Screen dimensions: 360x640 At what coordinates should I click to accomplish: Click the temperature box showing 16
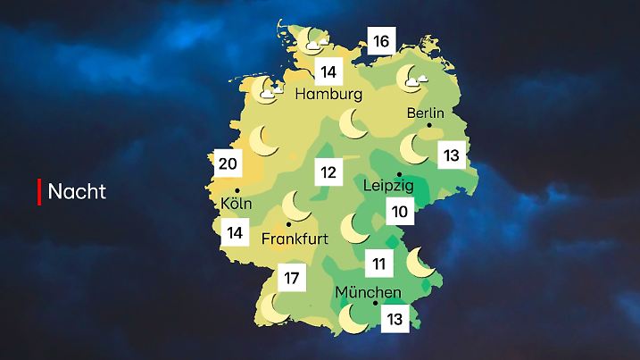pyautogui.click(x=381, y=41)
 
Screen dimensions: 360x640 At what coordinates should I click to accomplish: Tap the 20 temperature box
pyautogui.click(x=228, y=163)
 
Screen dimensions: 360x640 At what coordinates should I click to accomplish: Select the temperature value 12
pyautogui.click(x=328, y=172)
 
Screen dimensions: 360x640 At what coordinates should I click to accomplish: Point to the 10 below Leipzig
pyautogui.click(x=398, y=212)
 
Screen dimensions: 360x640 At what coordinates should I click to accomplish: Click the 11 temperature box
pyautogui.click(x=378, y=264)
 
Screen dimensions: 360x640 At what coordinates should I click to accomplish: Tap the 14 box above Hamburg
pyautogui.click(x=328, y=71)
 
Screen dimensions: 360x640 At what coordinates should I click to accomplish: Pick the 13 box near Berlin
pyautogui.click(x=451, y=155)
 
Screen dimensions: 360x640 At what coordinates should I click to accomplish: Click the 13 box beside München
pyautogui.click(x=395, y=319)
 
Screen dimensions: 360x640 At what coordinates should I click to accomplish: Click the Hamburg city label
pyautogui.click(x=328, y=94)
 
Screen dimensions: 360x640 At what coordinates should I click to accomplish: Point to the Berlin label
pyautogui.click(x=425, y=113)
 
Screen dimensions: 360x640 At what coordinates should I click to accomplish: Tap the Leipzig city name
pyautogui.click(x=388, y=186)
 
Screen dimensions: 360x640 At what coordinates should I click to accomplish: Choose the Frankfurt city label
pyautogui.click(x=295, y=239)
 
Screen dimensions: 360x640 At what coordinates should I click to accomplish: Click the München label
pyautogui.click(x=368, y=292)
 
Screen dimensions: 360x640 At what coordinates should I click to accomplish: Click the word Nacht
pyautogui.click(x=77, y=191)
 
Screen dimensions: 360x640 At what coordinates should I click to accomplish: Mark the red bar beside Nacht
pyautogui.click(x=39, y=191)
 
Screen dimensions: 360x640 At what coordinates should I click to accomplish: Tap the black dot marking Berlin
pyautogui.click(x=430, y=127)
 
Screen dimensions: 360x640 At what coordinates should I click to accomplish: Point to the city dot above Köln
pyautogui.click(x=237, y=190)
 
